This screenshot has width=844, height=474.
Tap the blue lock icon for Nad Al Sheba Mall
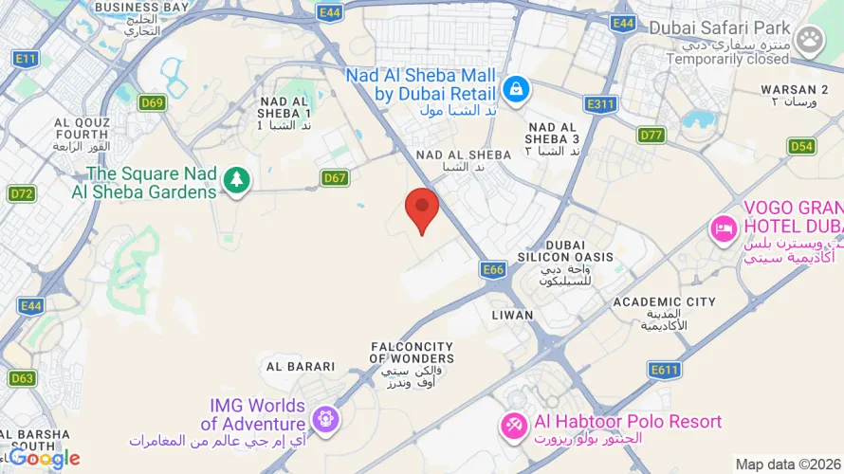point(516,89)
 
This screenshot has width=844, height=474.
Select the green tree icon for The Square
point(236,179)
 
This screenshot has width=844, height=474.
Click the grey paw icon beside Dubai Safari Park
point(809,39)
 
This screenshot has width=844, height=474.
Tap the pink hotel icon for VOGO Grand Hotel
point(725,229)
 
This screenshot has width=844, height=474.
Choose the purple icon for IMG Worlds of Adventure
point(325,417)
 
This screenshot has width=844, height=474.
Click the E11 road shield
point(26,59)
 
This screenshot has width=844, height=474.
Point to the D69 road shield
point(152,102)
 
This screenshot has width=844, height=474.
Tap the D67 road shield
point(334,177)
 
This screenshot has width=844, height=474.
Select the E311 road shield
point(601,104)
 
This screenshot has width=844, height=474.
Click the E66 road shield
point(493,270)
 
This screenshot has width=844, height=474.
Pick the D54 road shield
point(801,146)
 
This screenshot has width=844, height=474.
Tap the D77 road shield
point(651,135)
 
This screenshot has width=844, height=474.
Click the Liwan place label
point(512,314)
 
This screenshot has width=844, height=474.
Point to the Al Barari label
point(301,366)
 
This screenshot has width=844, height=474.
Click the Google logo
point(45,459)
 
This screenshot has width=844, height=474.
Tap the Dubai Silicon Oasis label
point(566,256)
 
